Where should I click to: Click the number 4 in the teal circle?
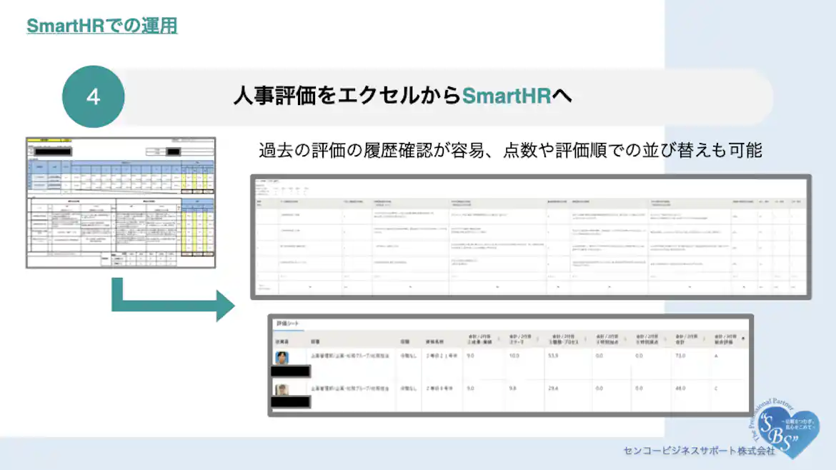pos(94,97)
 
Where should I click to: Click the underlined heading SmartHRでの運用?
pos(101,26)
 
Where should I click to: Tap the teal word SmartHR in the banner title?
pos(507,96)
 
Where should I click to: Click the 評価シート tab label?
pos(289,324)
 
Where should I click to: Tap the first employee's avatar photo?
pos(283,357)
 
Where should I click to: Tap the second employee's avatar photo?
pos(283,390)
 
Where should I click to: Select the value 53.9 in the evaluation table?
pos(552,355)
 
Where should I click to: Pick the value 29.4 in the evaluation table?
pos(552,388)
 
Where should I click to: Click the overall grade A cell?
pos(717,355)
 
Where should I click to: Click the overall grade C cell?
pos(717,388)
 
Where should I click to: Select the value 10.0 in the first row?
pos(514,355)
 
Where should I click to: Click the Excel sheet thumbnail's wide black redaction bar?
pos(50,151)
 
